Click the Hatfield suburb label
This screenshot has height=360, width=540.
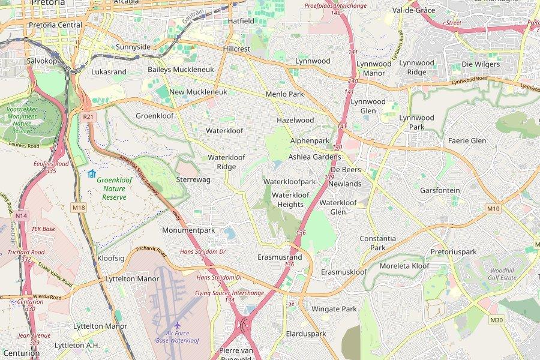coord(241,21)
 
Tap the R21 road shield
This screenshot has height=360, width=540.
coord(88,116)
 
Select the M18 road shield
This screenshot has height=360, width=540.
coord(79,208)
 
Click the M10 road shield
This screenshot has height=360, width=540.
coord(493,208)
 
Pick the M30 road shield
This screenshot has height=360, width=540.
coord(496,320)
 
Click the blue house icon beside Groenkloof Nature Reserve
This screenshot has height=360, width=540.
coord(91,174)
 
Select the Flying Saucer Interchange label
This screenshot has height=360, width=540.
coord(229,293)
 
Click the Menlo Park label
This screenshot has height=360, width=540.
coord(284,94)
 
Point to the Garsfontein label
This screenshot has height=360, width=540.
coord(440,190)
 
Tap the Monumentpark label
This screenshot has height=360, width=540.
coord(188,230)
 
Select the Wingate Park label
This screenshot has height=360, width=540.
coord(334,309)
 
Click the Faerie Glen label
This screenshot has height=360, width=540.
coord(467,140)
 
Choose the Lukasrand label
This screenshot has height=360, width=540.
coord(109,71)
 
